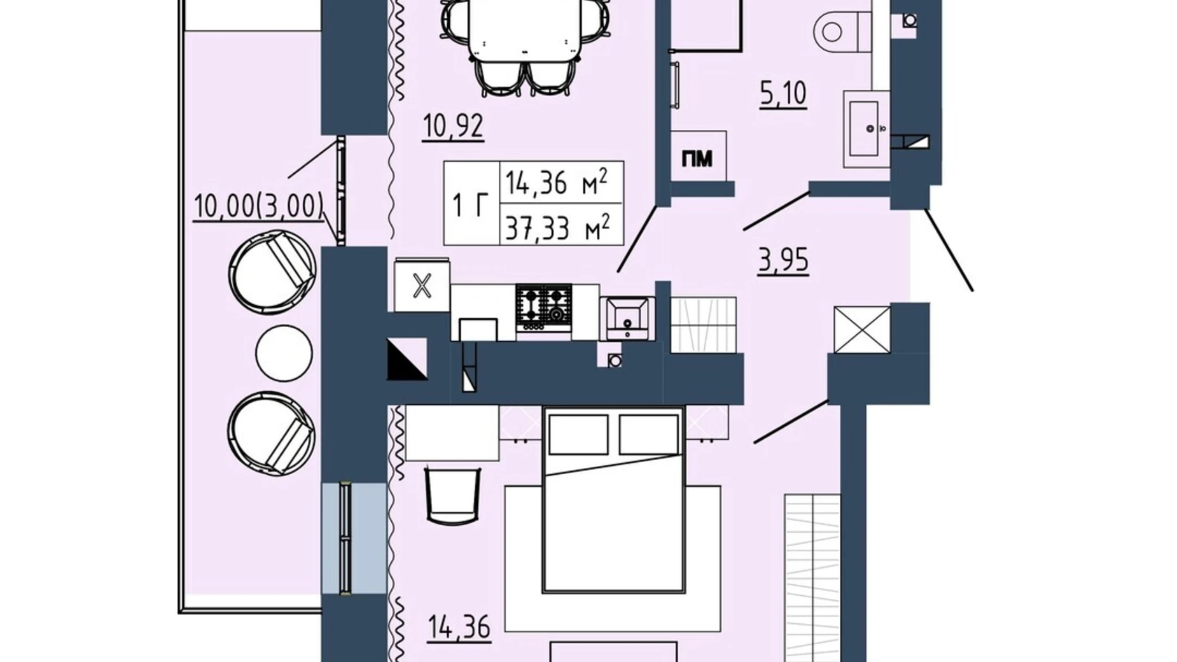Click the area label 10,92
tap(453, 127)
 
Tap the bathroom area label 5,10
tap(783, 94)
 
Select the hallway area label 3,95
tap(783, 260)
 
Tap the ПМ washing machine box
tap(698, 157)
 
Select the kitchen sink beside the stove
tap(627, 318)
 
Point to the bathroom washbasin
tap(866, 129)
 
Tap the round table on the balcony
tap(284, 353)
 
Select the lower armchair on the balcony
tap(272, 433)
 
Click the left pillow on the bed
tap(578, 435)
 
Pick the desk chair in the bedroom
tap(452, 495)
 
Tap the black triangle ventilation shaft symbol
tap(407, 359)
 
